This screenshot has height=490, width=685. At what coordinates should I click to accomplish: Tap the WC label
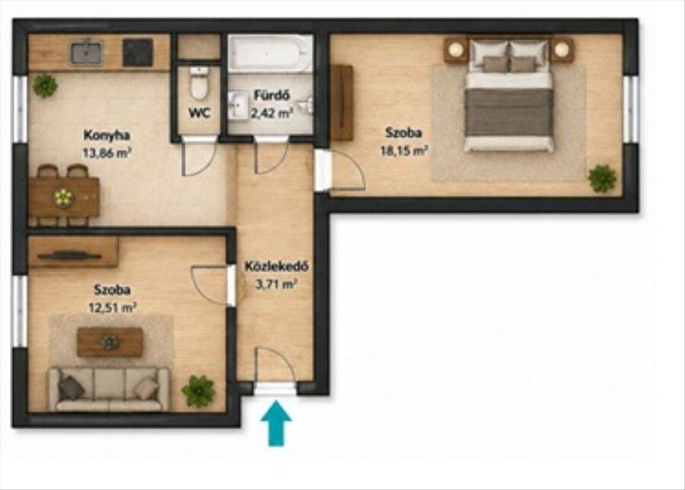pyautogui.click(x=200, y=113)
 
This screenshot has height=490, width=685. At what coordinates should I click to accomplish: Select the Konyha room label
pyautogui.click(x=107, y=135)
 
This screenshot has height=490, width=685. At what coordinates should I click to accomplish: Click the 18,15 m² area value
pyautogui.click(x=404, y=151)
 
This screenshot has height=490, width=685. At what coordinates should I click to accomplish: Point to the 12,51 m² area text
pyautogui.click(x=112, y=307)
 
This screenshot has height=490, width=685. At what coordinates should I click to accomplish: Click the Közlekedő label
pyautogui.click(x=276, y=266)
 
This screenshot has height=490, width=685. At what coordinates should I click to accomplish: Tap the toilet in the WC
pyautogui.click(x=199, y=83)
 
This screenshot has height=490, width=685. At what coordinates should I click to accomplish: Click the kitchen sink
pyautogui.click(x=86, y=54)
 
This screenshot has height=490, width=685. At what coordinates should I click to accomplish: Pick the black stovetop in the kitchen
pyautogui.click(x=138, y=52)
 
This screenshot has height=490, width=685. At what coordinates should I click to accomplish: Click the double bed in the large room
pyautogui.click(x=509, y=96)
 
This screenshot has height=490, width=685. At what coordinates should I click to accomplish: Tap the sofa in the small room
pyautogui.click(x=109, y=389)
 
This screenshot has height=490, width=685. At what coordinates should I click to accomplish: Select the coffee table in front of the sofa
pyautogui.click(x=110, y=342)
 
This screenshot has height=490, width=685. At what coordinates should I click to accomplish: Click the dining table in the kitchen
pyautogui.click(x=63, y=197)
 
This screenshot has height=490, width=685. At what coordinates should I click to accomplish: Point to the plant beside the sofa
pyautogui.click(x=198, y=390)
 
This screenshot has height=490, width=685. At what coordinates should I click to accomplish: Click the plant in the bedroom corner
pyautogui.click(x=602, y=179)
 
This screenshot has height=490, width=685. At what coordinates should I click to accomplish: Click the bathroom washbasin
pyautogui.click(x=239, y=104)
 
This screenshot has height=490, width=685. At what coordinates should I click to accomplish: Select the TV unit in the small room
pyautogui.click(x=73, y=253)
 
